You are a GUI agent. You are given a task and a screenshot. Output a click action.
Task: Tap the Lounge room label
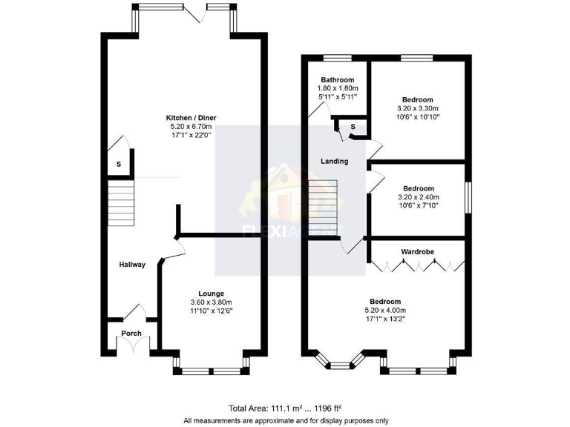(211, 294)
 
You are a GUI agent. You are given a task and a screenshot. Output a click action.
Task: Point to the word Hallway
(132, 265)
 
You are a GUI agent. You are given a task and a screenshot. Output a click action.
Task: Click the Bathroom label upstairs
(337, 80)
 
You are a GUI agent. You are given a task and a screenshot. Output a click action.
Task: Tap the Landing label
(334, 162)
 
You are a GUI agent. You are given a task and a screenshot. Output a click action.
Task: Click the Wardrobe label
(418, 252)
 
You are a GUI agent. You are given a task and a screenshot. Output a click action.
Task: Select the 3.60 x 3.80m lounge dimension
(211, 302)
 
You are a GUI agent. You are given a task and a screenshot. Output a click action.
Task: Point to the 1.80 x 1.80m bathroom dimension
(337, 89)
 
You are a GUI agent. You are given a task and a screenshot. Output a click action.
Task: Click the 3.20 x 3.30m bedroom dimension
(418, 108)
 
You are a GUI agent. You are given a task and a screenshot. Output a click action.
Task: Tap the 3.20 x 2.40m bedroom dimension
(418, 197)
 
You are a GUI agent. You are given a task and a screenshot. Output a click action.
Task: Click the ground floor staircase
(121, 205)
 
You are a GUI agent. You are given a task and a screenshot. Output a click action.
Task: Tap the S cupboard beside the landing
(352, 128)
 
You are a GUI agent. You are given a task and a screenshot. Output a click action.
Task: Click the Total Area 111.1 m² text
(286, 408)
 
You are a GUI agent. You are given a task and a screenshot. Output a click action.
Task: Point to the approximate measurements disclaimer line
(286, 420)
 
